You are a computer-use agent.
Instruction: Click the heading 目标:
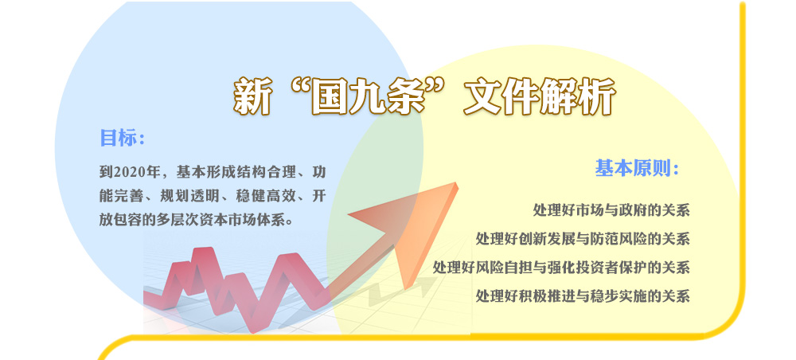(123, 138)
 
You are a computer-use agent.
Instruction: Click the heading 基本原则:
(637, 168)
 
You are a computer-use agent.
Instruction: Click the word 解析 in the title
(578, 96)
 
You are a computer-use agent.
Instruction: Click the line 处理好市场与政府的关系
(611, 209)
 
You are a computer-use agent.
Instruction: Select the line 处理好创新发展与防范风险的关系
(583, 238)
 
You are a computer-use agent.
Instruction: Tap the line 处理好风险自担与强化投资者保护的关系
(561, 267)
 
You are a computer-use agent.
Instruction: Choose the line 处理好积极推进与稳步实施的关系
(583, 295)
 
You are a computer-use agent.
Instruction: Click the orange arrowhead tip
(457, 184)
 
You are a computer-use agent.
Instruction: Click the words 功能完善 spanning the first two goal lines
(213, 184)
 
